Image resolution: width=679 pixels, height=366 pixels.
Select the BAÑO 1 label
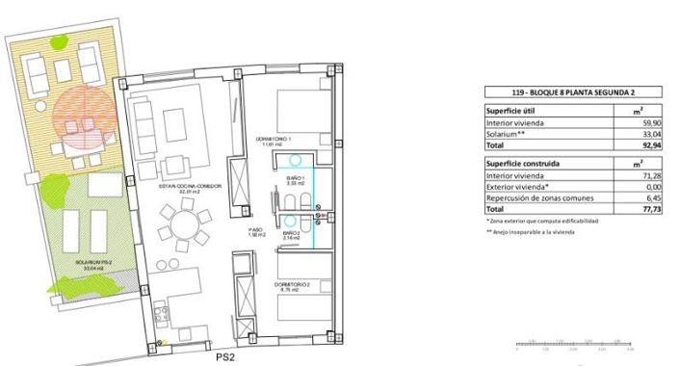point(294,179)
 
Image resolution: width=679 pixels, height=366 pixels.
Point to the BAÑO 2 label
point(292,234)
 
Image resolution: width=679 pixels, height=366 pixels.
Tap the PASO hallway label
point(255,232)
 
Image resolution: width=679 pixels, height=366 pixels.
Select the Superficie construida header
point(524,165)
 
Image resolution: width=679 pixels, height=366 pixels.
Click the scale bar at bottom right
point(572,342)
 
